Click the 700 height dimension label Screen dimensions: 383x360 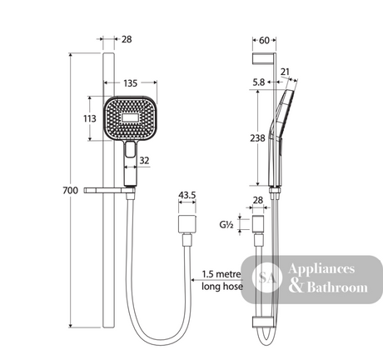(x=71, y=191)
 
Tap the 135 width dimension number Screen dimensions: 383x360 (x=131, y=83)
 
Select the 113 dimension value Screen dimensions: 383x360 (x=90, y=118)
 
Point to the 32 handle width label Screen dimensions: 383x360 (x=144, y=161)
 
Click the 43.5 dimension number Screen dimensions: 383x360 (x=187, y=195)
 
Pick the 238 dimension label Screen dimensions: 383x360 (x=257, y=138)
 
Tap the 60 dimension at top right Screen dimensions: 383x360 (x=264, y=41)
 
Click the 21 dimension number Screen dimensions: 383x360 (x=285, y=72)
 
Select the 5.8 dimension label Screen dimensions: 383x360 (x=259, y=82)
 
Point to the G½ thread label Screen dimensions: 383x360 (x=226, y=224)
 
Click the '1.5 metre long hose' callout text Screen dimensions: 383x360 (x=222, y=280)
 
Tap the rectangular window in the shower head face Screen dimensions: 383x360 (x=131, y=117)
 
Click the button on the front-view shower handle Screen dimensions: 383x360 (x=130, y=149)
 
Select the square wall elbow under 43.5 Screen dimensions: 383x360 (x=187, y=224)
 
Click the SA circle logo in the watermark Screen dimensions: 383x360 (x=267, y=277)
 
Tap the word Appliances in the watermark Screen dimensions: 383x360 (x=321, y=269)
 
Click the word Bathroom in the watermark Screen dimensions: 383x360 (x=337, y=287)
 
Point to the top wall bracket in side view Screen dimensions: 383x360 (x=263, y=59)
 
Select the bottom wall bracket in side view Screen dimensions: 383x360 (x=263, y=322)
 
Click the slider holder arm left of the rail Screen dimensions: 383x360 (x=110, y=190)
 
